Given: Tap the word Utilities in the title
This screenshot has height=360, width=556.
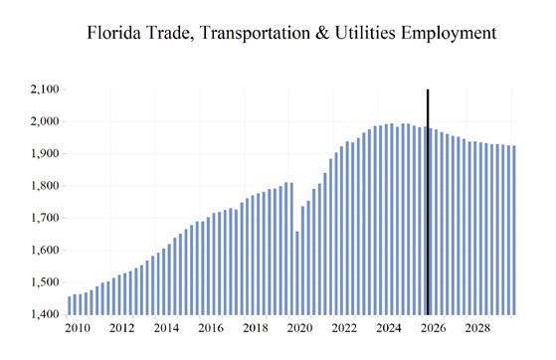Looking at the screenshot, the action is [365, 33].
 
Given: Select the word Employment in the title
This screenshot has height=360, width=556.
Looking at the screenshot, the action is [449, 34].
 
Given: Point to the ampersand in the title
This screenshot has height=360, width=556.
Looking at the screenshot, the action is [321, 33].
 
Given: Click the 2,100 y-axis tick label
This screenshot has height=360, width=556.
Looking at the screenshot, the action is [45, 90].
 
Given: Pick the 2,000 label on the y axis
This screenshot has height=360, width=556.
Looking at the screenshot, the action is [45, 121].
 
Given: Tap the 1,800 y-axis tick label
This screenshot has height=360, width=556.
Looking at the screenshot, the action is [45, 186].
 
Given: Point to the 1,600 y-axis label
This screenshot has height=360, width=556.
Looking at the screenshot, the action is [45, 250].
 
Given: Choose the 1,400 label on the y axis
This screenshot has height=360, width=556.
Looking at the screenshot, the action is [45, 314].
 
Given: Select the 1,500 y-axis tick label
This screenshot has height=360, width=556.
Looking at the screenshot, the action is [45, 282].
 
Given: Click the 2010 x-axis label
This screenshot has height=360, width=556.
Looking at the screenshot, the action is [78, 328].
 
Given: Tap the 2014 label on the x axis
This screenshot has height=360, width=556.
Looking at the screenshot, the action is [166, 328].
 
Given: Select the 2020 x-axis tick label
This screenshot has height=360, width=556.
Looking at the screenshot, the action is [300, 328].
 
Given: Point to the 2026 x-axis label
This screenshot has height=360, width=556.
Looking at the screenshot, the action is [434, 328].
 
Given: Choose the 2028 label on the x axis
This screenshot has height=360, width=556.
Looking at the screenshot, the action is [477, 328].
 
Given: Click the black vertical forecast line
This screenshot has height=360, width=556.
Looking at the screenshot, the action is [428, 202].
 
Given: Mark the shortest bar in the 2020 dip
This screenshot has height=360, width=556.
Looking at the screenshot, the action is [297, 273].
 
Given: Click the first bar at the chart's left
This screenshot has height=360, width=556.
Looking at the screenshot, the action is [70, 305].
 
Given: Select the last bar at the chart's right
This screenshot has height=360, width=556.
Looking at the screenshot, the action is [514, 230].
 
